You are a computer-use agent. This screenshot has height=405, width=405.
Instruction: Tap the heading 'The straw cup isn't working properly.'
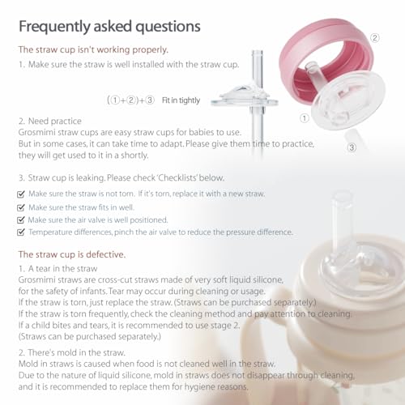click(93, 49)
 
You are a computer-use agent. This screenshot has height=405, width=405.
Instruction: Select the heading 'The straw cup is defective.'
click(71, 254)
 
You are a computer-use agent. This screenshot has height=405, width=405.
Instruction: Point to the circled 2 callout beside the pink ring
click(374, 37)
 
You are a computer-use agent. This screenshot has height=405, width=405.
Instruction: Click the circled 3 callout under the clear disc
click(351, 148)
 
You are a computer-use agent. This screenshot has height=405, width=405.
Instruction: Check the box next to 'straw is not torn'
click(21, 194)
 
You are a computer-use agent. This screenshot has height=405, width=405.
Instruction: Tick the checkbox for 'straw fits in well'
click(21, 207)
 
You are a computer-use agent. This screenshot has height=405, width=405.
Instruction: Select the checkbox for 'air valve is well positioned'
click(21, 220)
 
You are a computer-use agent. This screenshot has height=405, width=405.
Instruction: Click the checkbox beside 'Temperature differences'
click(21, 232)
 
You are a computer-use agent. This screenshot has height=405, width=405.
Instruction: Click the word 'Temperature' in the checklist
click(53, 232)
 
